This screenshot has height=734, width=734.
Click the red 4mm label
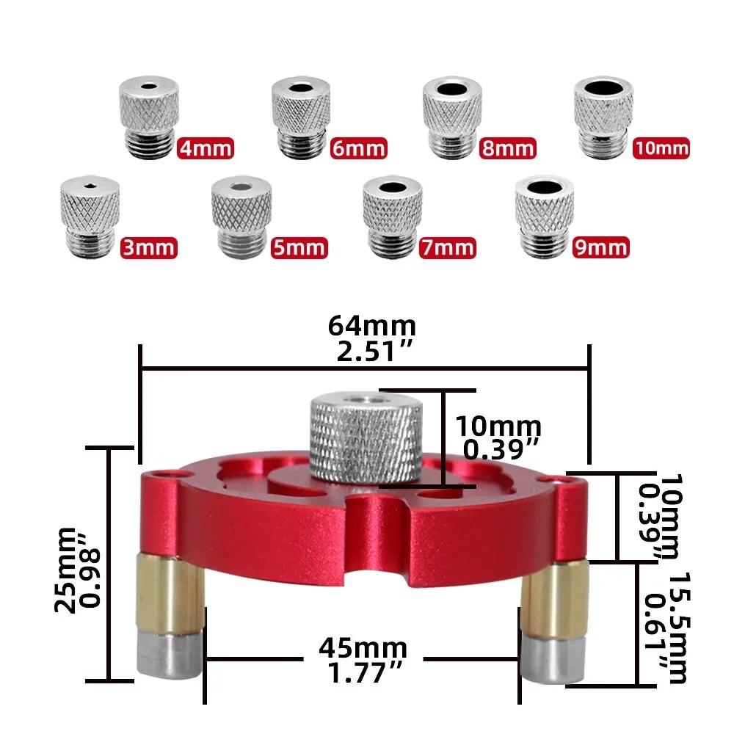click(206, 148)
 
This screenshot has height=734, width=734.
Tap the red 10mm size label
click(661, 148)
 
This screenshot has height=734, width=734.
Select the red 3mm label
click(148, 247)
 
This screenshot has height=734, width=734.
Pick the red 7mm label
click(447, 247)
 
